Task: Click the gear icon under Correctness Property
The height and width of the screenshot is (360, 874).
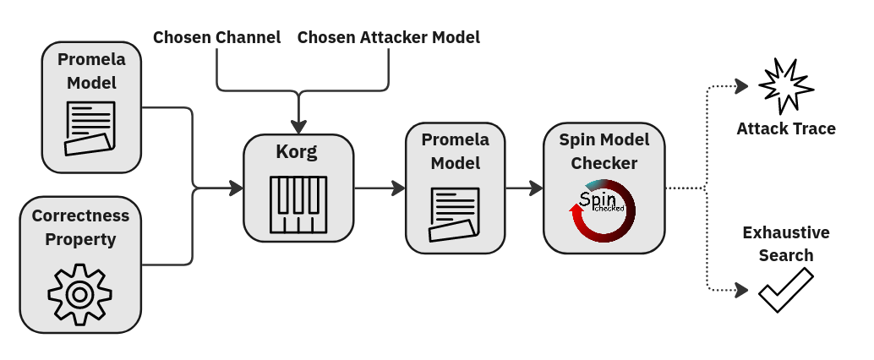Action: tap(79, 294)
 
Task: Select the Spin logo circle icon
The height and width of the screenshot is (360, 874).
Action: tap(603, 210)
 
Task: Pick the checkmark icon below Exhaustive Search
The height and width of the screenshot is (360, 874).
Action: tap(785, 290)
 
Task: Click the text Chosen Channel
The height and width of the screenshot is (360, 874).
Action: tap(216, 37)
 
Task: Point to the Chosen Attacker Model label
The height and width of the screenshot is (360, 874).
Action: tap(389, 37)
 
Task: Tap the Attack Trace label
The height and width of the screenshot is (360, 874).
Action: tap(785, 129)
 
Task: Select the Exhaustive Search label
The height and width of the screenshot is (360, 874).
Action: tap(785, 243)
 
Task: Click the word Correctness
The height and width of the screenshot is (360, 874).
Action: tap(80, 215)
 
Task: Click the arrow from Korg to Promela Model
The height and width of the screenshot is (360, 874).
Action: tap(379, 188)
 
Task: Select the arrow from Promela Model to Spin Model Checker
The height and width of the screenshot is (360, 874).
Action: tap(523, 188)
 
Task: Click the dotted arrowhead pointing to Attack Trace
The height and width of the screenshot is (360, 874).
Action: tap(742, 85)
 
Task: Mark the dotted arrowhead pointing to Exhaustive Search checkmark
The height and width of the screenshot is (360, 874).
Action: tap(742, 290)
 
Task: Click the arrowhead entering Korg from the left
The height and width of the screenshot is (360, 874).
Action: tap(237, 188)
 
